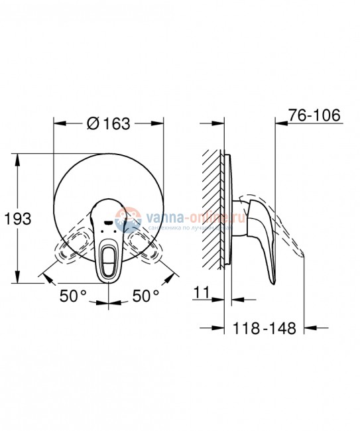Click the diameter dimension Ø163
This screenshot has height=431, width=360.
point(107,123)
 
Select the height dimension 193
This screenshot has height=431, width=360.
point(18,218)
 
